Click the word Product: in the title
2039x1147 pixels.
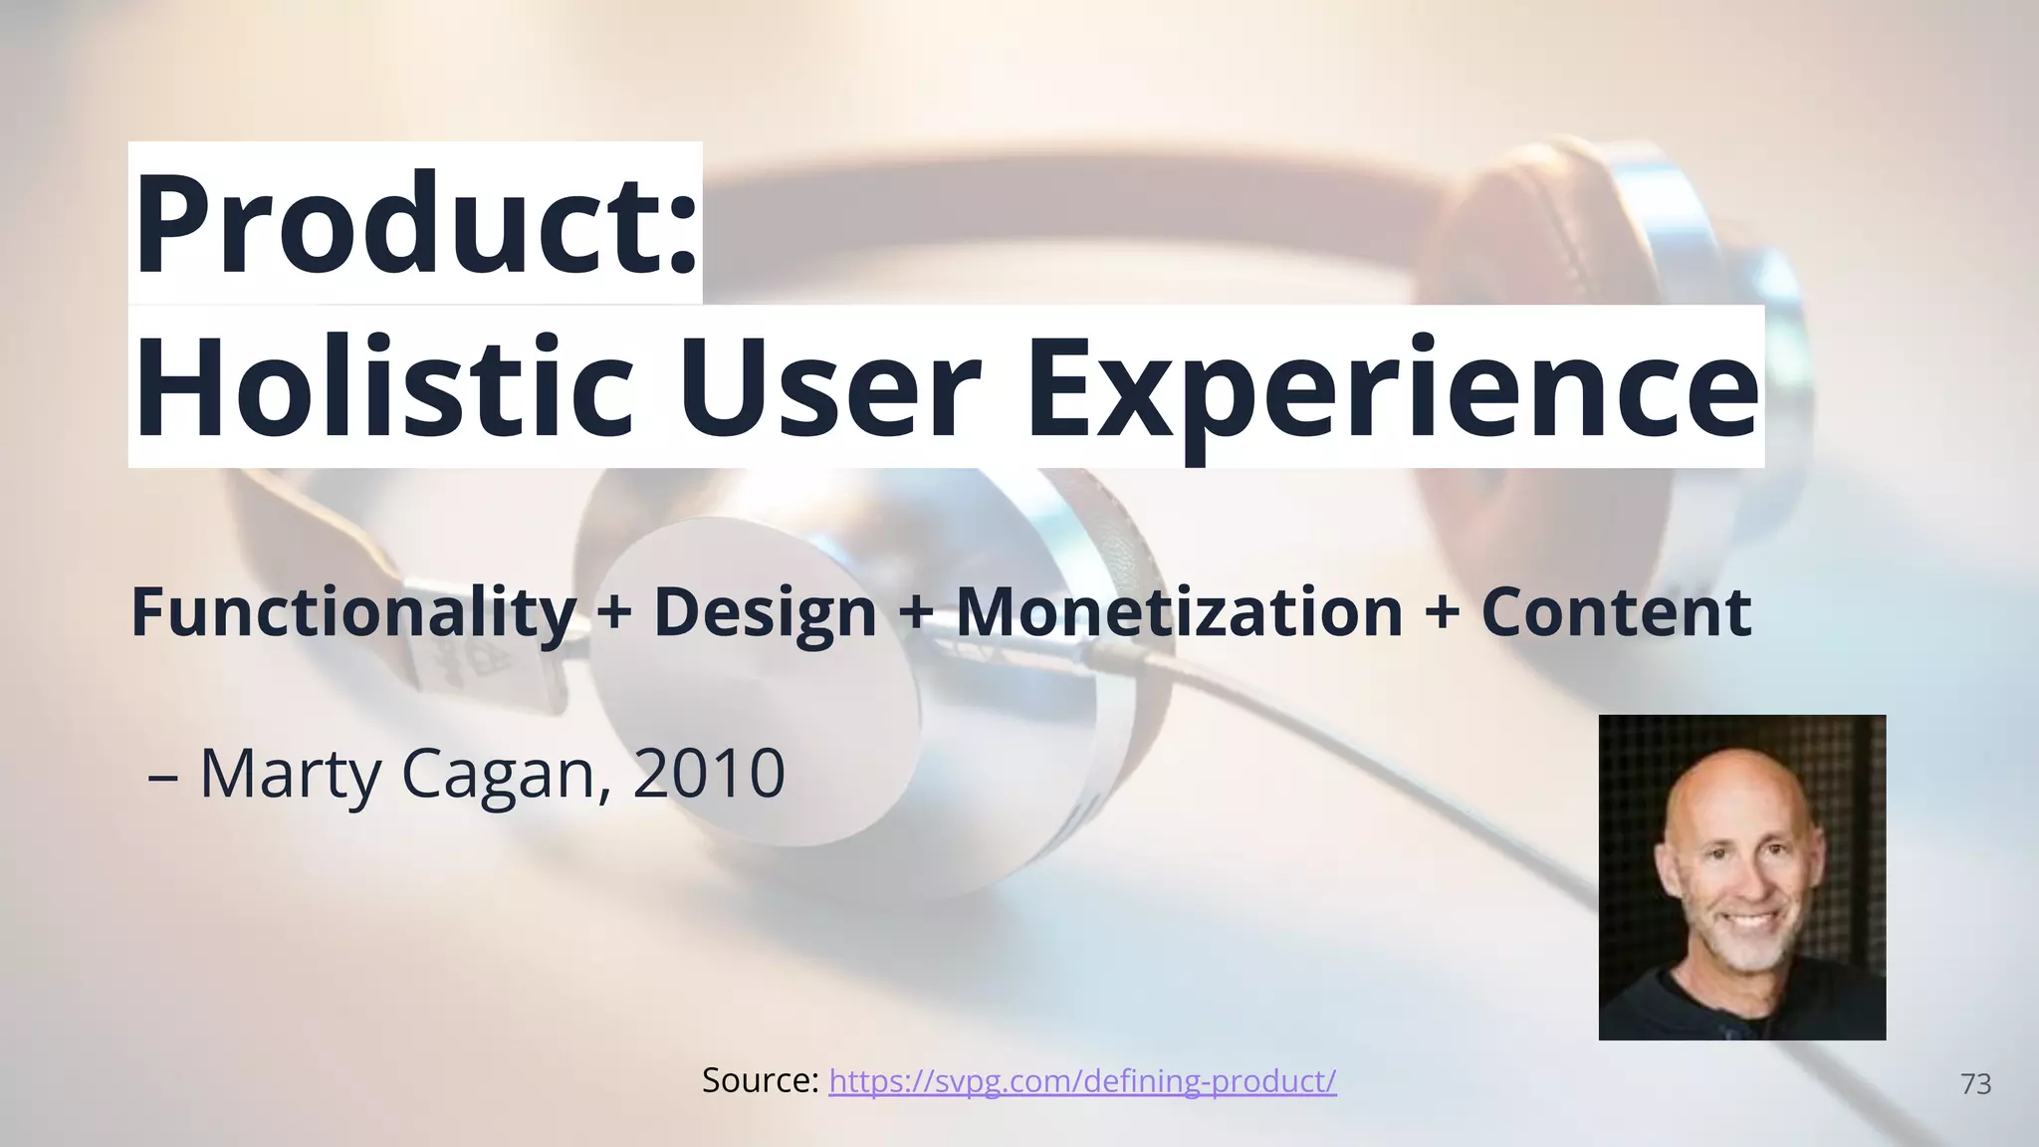(415, 224)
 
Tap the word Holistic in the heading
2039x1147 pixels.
(383, 387)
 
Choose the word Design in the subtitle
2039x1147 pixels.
(764, 612)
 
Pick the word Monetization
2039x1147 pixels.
(1179, 612)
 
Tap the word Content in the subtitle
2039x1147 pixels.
(1615, 612)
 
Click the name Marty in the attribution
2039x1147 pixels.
(290, 775)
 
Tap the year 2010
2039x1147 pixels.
(708, 775)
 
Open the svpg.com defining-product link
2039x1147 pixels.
(1082, 1081)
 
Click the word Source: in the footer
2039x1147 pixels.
(760, 1081)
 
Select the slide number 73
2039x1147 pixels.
(1975, 1084)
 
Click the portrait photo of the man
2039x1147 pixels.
(1741, 877)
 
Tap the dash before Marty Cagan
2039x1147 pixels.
(162, 777)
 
